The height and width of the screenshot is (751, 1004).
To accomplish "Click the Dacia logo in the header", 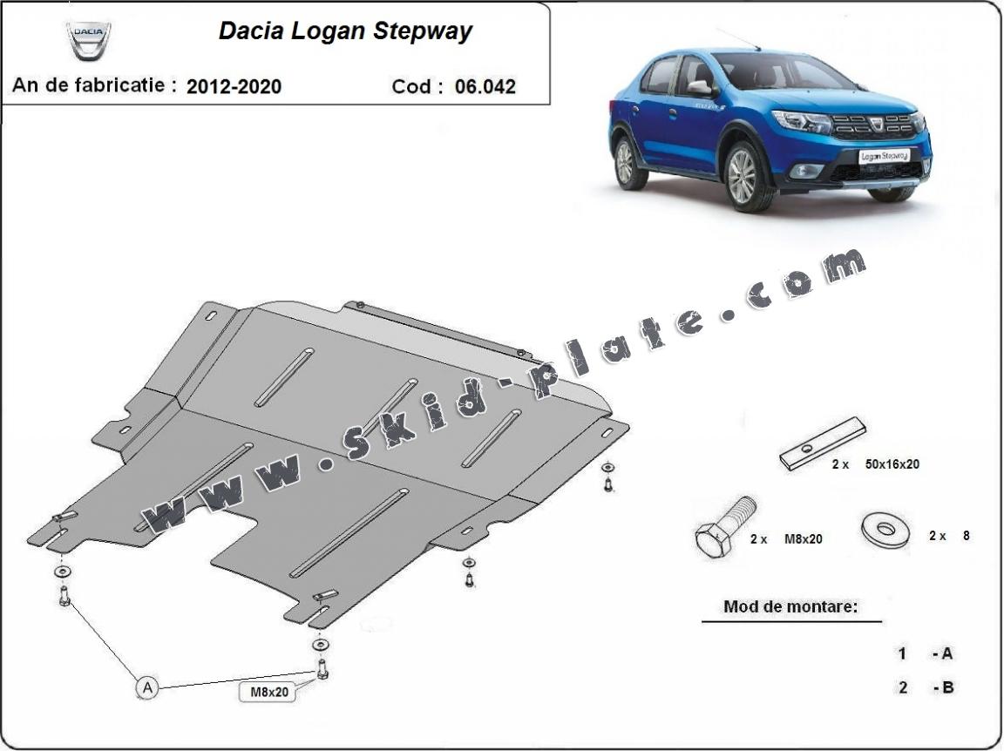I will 88,39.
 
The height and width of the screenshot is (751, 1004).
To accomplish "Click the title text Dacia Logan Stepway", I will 344,31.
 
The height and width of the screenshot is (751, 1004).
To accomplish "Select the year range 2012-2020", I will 234,86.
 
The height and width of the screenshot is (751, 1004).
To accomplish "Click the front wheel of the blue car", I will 742,177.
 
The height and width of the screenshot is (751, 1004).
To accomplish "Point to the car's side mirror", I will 700,87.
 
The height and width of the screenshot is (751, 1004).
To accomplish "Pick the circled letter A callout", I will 147,688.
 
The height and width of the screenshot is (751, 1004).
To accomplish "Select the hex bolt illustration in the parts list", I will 722,529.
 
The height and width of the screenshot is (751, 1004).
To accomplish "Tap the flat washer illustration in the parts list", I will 884,528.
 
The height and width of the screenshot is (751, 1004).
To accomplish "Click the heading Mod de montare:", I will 790,606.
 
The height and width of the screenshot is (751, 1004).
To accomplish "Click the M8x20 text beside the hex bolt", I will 803,539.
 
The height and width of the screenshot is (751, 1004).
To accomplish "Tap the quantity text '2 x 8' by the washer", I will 949,536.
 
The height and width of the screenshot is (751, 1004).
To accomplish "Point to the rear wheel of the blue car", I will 625,161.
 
